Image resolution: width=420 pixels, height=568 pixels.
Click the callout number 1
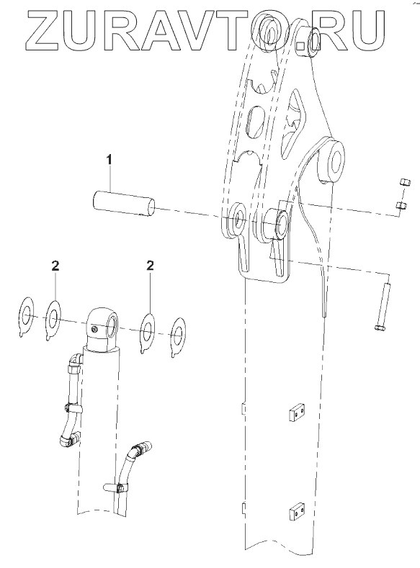point(109,159)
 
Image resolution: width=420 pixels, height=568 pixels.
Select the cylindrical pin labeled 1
point(124,204)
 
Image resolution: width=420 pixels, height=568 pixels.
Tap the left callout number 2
point(55,266)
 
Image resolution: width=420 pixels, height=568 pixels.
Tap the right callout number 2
point(150,266)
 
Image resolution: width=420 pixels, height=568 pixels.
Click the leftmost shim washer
point(26,317)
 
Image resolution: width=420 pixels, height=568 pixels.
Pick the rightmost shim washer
point(178,337)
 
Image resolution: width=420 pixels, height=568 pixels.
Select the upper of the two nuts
point(405,182)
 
